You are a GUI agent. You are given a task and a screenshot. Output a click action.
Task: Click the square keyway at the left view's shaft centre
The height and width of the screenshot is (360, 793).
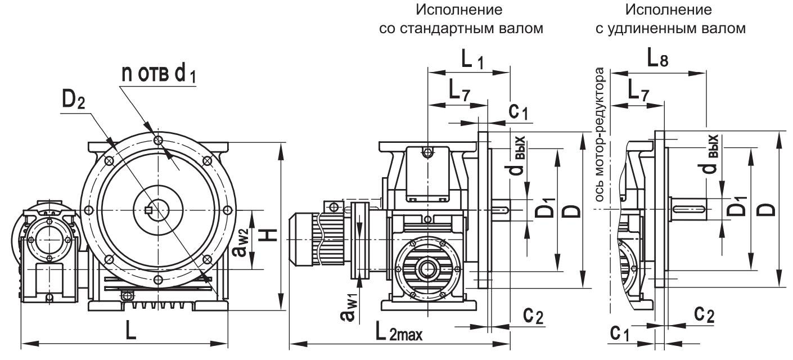pos(149,210)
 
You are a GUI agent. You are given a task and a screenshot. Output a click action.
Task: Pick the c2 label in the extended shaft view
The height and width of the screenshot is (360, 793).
pos(703,315)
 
